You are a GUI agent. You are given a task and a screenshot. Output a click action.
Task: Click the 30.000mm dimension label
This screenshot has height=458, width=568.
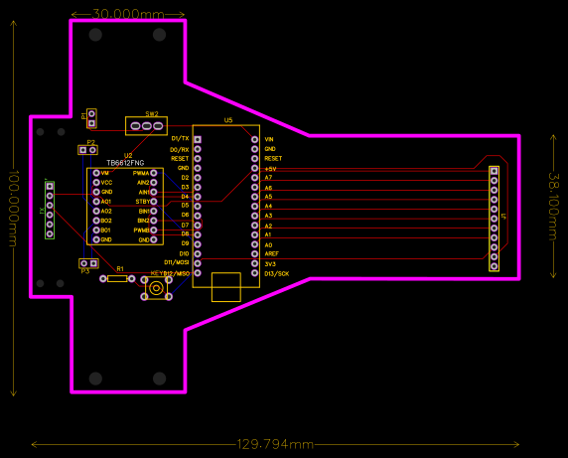(x=128, y=15)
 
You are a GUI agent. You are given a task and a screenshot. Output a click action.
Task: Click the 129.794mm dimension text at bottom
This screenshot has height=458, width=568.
(x=275, y=444)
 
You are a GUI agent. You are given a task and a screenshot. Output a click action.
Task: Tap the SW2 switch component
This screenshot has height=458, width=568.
(x=146, y=126)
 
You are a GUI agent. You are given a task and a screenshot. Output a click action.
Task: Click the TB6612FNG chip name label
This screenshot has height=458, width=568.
(x=125, y=162)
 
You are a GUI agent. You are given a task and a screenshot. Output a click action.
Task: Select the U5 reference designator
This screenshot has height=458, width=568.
(x=228, y=120)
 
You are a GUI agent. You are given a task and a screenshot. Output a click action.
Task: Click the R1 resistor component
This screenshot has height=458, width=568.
(x=117, y=278)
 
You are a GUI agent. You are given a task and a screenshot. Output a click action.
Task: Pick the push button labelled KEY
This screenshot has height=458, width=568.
(x=156, y=288)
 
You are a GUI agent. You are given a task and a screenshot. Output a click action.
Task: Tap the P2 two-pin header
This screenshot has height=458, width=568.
(x=87, y=151)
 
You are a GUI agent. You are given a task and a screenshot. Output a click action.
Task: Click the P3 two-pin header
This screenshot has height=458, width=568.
(x=88, y=263)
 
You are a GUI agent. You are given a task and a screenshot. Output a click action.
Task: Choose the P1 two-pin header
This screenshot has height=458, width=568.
(x=91, y=118)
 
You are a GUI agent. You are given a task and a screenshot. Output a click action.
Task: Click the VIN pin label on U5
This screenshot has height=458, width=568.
(x=269, y=139)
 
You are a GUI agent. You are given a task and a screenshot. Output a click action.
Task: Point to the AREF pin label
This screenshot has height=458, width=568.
(x=271, y=253)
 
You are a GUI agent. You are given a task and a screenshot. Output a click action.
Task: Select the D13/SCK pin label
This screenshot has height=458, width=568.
(x=277, y=273)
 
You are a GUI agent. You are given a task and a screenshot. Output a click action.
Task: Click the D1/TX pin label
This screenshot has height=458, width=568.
(x=180, y=139)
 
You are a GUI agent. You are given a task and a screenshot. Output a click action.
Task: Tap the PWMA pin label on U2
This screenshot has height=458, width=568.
(x=140, y=173)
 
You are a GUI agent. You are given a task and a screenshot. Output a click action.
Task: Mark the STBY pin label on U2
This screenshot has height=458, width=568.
(x=142, y=202)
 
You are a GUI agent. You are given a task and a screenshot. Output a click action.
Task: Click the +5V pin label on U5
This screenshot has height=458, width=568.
(x=270, y=168)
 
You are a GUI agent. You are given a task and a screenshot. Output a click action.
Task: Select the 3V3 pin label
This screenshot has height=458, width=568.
(x=270, y=263)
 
